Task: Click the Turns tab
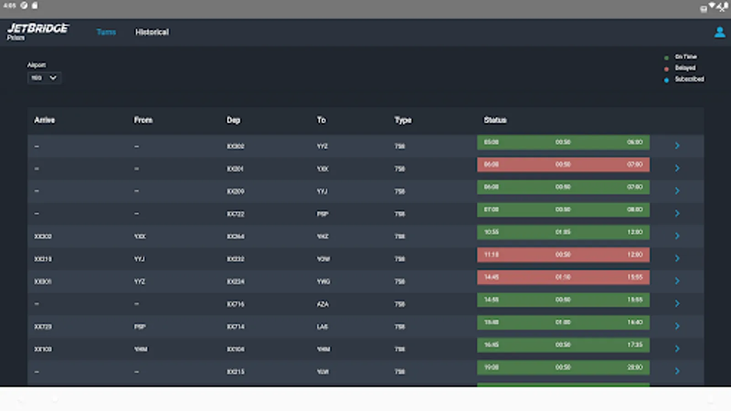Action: click(106, 32)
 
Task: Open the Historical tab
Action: click(152, 32)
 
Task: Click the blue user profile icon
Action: click(720, 32)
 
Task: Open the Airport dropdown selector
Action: click(44, 78)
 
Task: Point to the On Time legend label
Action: click(686, 57)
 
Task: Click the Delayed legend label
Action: click(685, 68)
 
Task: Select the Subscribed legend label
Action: click(689, 79)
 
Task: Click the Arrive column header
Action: click(44, 120)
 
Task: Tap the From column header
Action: click(143, 120)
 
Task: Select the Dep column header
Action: click(233, 120)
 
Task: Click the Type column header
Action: click(403, 120)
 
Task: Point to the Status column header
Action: click(495, 120)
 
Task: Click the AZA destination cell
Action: click(323, 304)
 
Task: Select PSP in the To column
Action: click(323, 214)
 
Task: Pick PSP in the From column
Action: click(140, 327)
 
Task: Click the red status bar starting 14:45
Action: click(563, 277)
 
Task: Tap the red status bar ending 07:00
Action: click(563, 164)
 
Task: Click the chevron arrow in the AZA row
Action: click(677, 304)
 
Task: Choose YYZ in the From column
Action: click(139, 282)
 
